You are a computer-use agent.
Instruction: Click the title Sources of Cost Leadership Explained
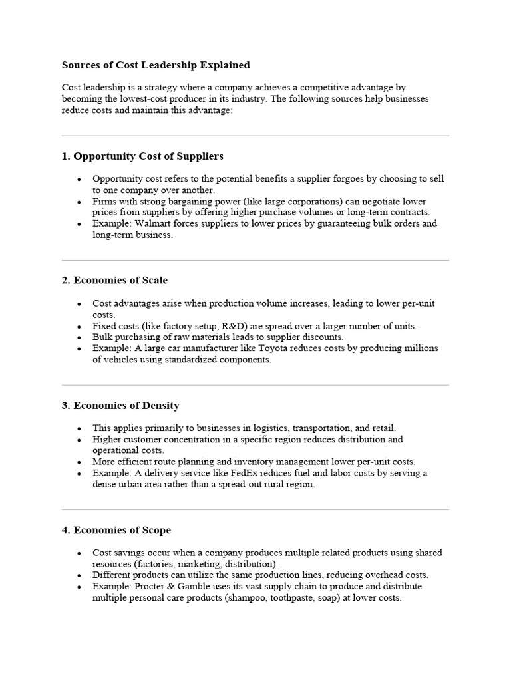pos(156,65)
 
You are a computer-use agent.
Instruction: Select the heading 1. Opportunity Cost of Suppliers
pos(142,156)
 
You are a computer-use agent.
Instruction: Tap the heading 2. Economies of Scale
pos(114,280)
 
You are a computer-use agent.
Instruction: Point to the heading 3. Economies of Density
pos(120,405)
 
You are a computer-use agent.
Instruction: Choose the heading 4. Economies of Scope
pos(116,530)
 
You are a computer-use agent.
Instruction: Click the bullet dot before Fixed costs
pos(79,327)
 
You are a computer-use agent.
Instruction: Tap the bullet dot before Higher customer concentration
pos(79,440)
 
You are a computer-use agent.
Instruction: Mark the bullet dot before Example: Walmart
pos(79,224)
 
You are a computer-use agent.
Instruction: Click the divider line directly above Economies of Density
pos(255,385)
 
